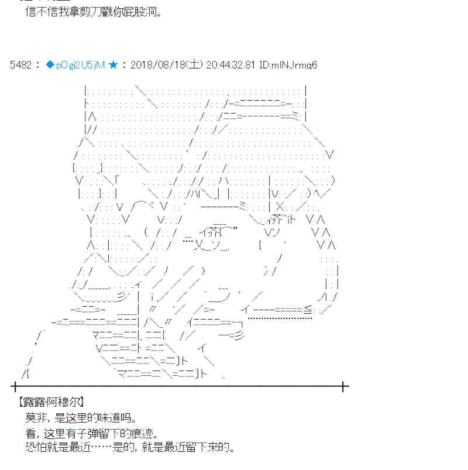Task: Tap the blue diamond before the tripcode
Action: pos(50,65)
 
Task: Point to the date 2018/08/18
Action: pos(156,65)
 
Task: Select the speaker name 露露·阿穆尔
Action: pos(51,402)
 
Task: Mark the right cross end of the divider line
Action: pos(344,386)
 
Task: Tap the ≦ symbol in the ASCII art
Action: pos(308,310)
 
